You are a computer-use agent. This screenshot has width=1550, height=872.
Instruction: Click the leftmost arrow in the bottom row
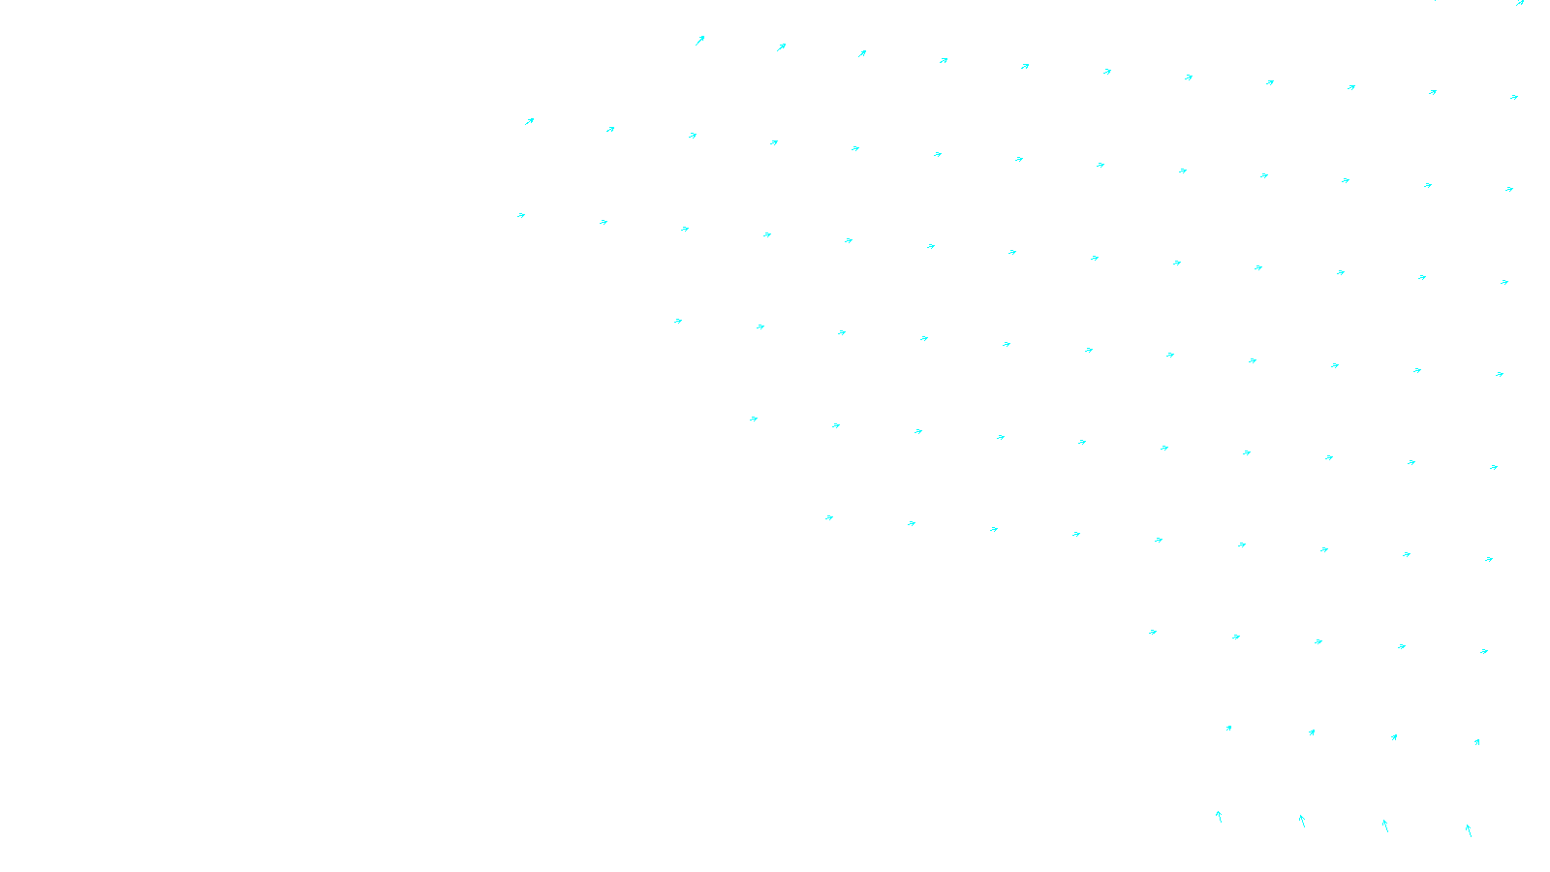point(1219,817)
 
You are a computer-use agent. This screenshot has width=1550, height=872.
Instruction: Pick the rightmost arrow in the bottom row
point(1469,830)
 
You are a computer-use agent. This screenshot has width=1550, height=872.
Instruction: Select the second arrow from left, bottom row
point(1302,822)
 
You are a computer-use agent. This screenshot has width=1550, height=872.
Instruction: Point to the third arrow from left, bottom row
point(1385,825)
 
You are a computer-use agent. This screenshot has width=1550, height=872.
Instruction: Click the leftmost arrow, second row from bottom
point(1228,728)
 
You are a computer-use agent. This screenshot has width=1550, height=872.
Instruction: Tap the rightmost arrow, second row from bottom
point(1476,743)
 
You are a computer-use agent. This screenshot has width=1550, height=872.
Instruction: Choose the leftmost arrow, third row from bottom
point(1153,632)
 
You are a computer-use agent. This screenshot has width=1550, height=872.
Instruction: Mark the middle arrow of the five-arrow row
point(1318,641)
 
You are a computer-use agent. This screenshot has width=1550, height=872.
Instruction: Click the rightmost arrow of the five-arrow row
point(1484,651)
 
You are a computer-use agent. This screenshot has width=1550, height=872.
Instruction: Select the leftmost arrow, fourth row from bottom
point(829,517)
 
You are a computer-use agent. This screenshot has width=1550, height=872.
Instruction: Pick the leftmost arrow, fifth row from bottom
point(754,419)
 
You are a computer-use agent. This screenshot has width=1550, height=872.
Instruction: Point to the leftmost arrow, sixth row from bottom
point(678,321)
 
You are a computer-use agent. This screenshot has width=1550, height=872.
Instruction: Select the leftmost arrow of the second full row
point(529,121)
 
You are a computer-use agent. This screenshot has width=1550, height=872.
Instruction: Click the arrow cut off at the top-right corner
point(1520,3)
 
